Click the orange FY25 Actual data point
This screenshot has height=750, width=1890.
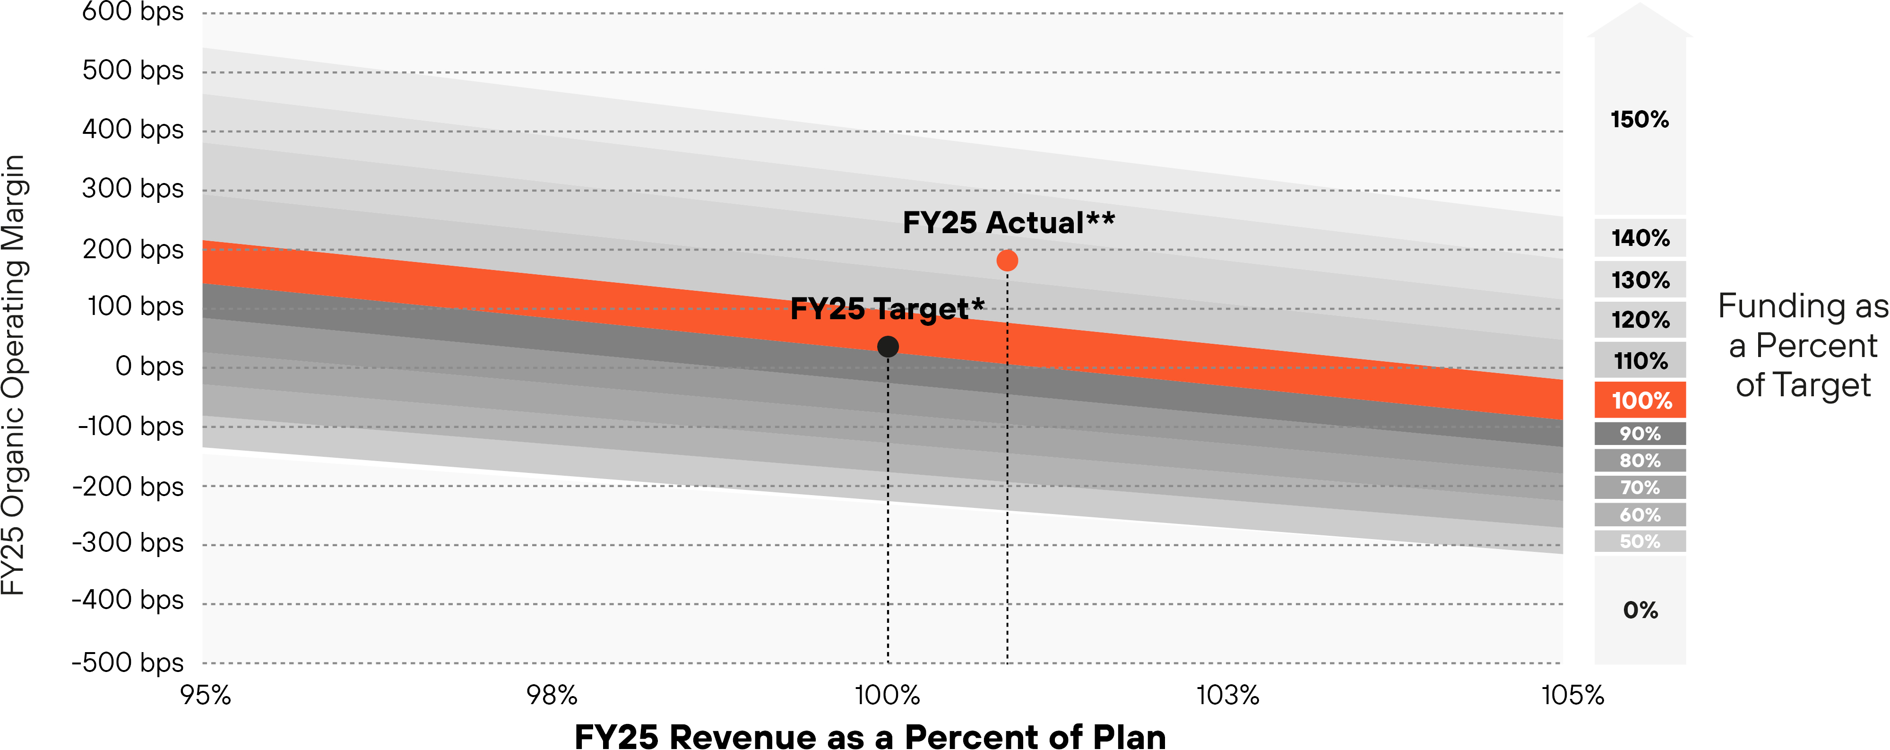[x=1007, y=261]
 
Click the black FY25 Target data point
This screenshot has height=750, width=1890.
[x=888, y=346]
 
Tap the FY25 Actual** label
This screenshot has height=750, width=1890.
[x=1008, y=222]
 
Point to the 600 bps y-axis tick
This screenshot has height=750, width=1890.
[x=133, y=12]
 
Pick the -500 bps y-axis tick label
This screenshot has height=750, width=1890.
[x=128, y=662]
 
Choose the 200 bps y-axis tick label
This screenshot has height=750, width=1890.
[x=133, y=250]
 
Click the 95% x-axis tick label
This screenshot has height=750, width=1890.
[x=206, y=694]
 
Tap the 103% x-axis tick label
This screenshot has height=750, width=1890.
[x=1227, y=694]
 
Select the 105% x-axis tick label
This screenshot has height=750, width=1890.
[x=1572, y=694]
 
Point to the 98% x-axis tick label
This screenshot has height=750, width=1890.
[x=552, y=694]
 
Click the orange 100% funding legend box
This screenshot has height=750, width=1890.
[x=1640, y=400]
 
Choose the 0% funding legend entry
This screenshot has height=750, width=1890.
[x=1640, y=610]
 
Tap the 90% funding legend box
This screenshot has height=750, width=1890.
[x=1640, y=434]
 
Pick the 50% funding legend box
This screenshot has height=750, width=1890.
[x=1640, y=541]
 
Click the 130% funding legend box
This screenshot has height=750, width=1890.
[x=1640, y=279]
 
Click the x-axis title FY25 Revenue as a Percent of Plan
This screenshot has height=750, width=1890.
[x=870, y=736]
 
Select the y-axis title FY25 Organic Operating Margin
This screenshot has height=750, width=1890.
[x=15, y=374]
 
